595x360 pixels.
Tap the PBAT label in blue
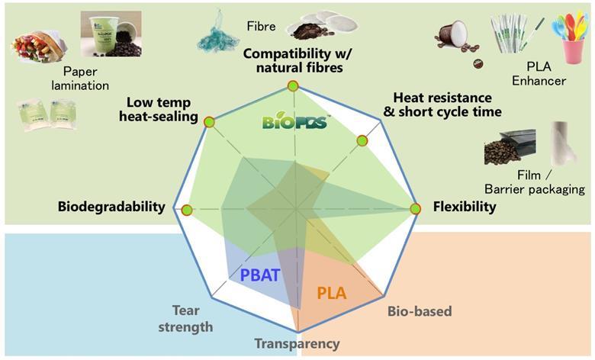(x=260, y=275)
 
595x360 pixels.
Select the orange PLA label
(x=332, y=293)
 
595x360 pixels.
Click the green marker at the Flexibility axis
(x=416, y=209)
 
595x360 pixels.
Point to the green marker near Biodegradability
(x=186, y=211)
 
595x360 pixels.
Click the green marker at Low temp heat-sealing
(x=209, y=122)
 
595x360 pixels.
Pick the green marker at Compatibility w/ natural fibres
(x=293, y=85)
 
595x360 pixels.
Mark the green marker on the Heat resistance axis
(x=362, y=141)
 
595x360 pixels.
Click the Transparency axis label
(x=297, y=344)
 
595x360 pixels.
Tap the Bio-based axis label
(x=420, y=311)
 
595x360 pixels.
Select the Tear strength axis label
(x=185, y=319)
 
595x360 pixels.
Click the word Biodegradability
(x=111, y=207)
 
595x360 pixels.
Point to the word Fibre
(x=261, y=26)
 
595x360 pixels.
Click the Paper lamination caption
(x=80, y=79)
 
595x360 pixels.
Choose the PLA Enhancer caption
(x=539, y=73)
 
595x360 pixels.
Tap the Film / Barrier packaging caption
(x=535, y=182)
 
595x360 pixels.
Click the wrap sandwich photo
(x=40, y=47)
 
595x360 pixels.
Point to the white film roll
(x=564, y=144)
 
